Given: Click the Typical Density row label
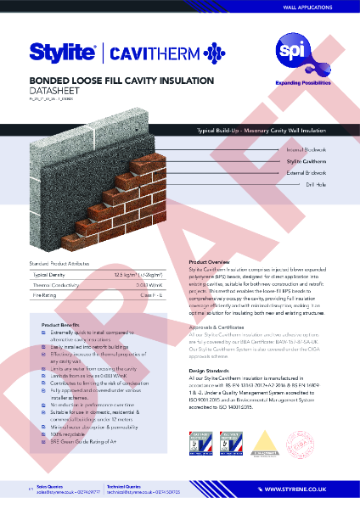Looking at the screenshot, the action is coord(50,276).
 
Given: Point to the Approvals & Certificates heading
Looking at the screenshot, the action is coord(223,326).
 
